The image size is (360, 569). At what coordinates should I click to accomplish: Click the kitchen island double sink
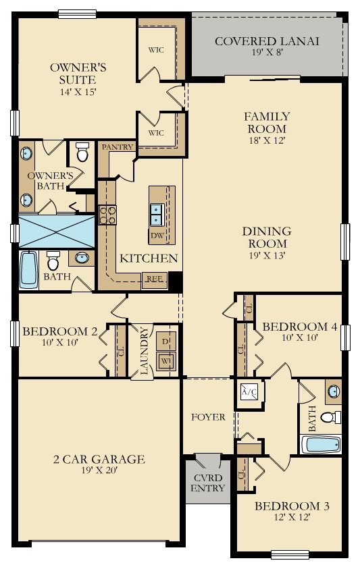click(157, 213)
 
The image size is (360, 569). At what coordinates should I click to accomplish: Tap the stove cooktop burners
click(107, 215)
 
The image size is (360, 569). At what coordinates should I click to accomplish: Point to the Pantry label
click(117, 146)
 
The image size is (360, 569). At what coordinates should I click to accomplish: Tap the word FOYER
click(209, 417)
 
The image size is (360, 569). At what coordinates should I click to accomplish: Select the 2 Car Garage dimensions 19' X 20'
click(99, 471)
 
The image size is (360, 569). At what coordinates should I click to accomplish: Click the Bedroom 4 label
click(299, 327)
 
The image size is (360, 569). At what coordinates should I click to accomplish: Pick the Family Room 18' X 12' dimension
click(265, 141)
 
